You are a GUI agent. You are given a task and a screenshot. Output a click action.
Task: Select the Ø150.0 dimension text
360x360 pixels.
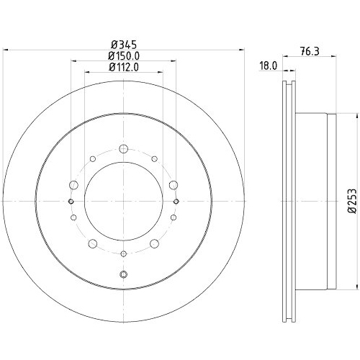coord(124,56)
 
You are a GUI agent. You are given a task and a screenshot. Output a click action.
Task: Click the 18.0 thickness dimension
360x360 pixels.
coord(268,65)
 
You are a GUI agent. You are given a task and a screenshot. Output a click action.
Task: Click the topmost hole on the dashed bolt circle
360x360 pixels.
coord(123,149)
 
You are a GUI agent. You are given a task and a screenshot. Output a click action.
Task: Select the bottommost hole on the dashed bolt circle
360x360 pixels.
coord(123,253)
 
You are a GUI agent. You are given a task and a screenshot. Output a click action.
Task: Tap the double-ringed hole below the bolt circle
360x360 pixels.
coord(123,274)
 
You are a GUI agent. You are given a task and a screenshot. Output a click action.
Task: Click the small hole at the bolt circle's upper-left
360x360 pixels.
coord(93,160)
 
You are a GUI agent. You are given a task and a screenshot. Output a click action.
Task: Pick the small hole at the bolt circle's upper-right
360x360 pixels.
coord(154,160)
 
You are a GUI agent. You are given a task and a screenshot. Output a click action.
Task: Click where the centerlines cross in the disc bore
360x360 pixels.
coord(123,201)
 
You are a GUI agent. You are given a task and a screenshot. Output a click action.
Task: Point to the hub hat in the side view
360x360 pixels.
coord(317,194)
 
